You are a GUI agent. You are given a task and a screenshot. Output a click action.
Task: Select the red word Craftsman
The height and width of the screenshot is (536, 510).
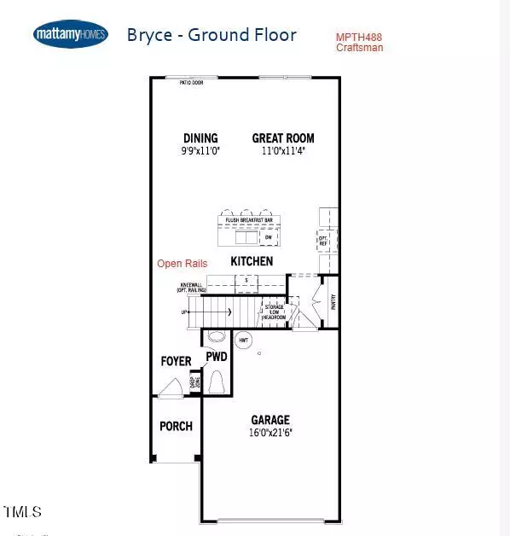pyautogui.click(x=360, y=48)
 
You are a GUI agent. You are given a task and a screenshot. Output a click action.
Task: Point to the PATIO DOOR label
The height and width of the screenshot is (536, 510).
pyautogui.click(x=191, y=83)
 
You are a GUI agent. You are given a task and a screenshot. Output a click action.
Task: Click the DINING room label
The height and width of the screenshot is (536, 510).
pyautogui.click(x=200, y=138)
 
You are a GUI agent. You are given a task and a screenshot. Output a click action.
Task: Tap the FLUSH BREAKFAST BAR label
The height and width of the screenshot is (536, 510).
pyautogui.click(x=249, y=220)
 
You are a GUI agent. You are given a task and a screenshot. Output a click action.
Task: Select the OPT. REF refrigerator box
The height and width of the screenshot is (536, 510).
pyautogui.click(x=323, y=240)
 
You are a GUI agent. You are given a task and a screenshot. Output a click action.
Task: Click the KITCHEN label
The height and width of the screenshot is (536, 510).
pyautogui.click(x=252, y=261)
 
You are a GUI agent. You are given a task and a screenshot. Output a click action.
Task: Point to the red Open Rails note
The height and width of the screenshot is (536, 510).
pyautogui.click(x=182, y=264)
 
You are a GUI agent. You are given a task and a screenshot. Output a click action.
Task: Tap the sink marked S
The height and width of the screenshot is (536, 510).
pyautogui.click(x=246, y=280)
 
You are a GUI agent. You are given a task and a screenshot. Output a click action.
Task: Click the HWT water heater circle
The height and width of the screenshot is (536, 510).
pyautogui.click(x=244, y=339)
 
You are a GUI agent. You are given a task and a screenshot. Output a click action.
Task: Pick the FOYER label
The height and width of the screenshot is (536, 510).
pyautogui.click(x=177, y=362)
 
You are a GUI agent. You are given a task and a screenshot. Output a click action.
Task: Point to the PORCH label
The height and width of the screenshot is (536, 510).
pyautogui.click(x=177, y=427)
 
